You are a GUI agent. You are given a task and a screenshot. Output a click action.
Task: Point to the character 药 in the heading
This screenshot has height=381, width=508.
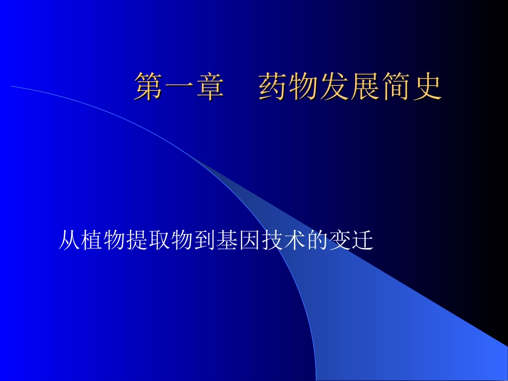(x=273, y=87)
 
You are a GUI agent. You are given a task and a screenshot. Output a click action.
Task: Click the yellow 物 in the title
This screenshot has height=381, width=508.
(x=304, y=87)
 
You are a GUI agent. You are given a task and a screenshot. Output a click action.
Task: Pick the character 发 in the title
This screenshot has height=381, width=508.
(x=335, y=87)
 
